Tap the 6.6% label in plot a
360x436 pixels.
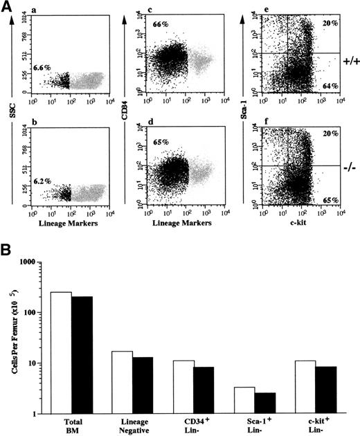[x=43, y=69]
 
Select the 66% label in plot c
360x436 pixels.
[x=161, y=24]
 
